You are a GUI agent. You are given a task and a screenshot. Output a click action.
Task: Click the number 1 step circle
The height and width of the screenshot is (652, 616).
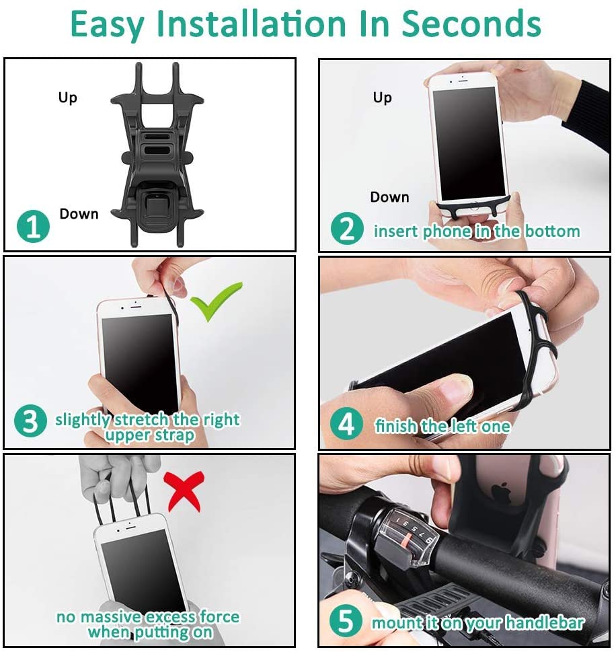33,227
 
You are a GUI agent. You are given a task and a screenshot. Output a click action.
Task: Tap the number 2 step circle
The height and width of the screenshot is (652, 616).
347,229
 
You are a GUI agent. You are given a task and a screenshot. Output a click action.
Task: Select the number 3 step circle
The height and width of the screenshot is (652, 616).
30,421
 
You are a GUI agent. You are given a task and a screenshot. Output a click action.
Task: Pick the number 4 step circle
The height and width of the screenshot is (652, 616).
346,424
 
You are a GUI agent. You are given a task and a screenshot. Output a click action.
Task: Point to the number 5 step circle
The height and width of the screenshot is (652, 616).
346,621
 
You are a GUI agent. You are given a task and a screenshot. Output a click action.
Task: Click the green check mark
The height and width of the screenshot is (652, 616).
216,301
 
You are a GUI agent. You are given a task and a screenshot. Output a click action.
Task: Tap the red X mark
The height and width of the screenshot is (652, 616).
184,491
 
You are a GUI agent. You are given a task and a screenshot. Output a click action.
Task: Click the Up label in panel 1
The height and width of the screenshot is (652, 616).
68,98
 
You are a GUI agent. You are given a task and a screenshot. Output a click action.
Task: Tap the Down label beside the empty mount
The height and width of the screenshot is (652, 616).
79,214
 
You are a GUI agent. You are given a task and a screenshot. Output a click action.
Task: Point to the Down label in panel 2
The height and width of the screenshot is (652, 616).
389,196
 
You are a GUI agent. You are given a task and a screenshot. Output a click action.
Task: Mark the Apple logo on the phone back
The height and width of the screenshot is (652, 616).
501,491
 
